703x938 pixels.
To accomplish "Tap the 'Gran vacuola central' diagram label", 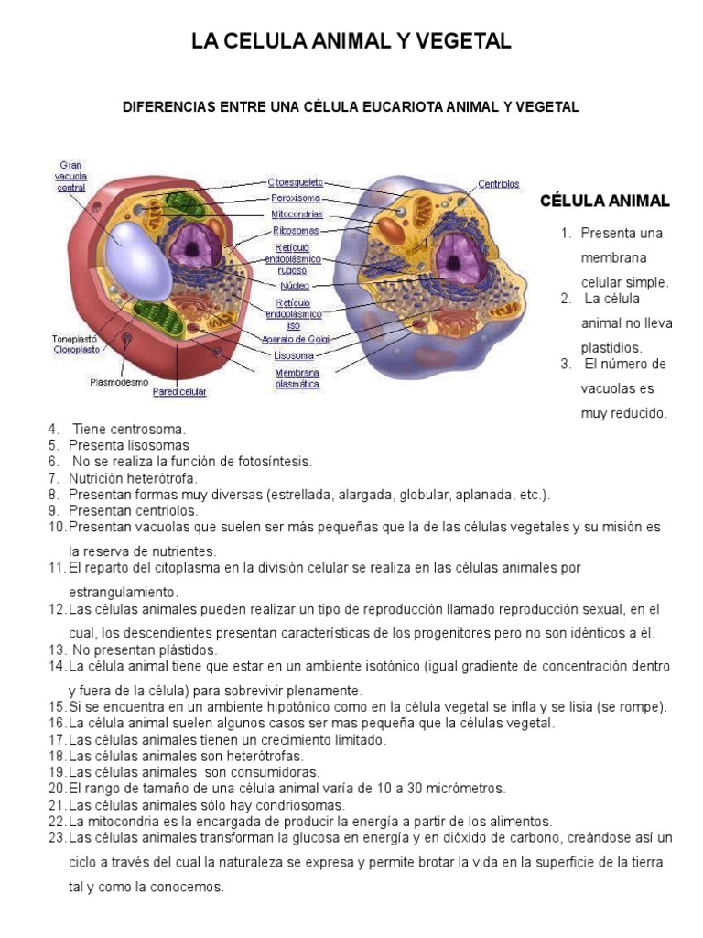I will [x=70, y=176].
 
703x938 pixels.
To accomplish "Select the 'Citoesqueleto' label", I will [x=295, y=183].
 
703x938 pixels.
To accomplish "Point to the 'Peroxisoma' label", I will [x=296, y=198].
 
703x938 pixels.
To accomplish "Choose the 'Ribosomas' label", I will [x=296, y=231].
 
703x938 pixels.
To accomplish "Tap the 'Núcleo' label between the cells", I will [x=294, y=285].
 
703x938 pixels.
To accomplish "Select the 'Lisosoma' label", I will [x=294, y=355].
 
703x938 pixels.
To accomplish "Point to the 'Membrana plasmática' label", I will [x=297, y=378].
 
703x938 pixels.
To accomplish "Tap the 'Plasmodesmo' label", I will [x=119, y=381].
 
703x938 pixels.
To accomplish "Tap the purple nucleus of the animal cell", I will [x=456, y=256].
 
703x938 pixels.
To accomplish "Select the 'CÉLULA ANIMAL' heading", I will [x=604, y=201].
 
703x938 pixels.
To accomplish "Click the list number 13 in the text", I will [x=56, y=649].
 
